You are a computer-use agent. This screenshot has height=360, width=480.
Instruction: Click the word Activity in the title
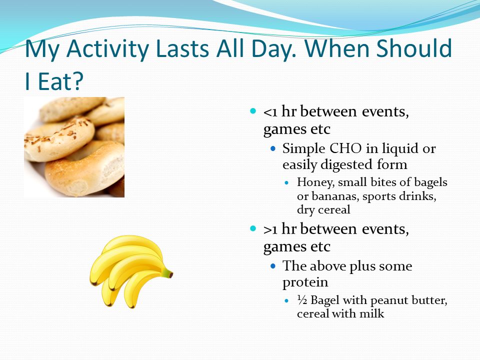point(108,49)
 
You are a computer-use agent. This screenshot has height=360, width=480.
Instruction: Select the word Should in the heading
point(414,48)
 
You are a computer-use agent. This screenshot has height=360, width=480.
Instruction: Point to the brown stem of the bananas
point(168,273)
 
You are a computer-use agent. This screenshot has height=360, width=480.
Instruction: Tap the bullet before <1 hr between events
point(252,111)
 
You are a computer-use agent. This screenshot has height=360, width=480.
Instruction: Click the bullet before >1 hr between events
point(252,228)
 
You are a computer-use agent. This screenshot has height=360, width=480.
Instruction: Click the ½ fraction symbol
point(302,299)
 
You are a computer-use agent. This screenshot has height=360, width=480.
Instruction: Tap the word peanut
point(389,300)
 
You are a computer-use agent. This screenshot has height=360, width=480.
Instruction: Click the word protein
point(305,282)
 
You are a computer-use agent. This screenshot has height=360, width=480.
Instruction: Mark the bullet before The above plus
point(273,266)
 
